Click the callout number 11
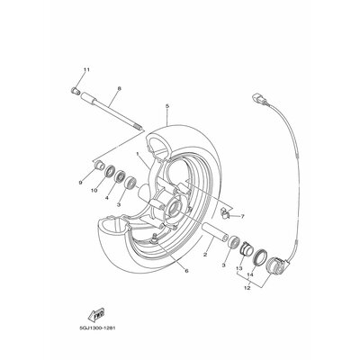(x=86, y=70)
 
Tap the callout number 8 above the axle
(x=119, y=88)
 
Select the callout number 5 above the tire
(x=167, y=106)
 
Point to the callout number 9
(x=80, y=183)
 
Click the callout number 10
(x=94, y=190)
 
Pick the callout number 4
(x=107, y=198)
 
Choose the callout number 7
(x=242, y=216)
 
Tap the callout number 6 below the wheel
(x=186, y=271)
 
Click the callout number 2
(x=205, y=255)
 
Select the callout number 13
(x=238, y=268)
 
